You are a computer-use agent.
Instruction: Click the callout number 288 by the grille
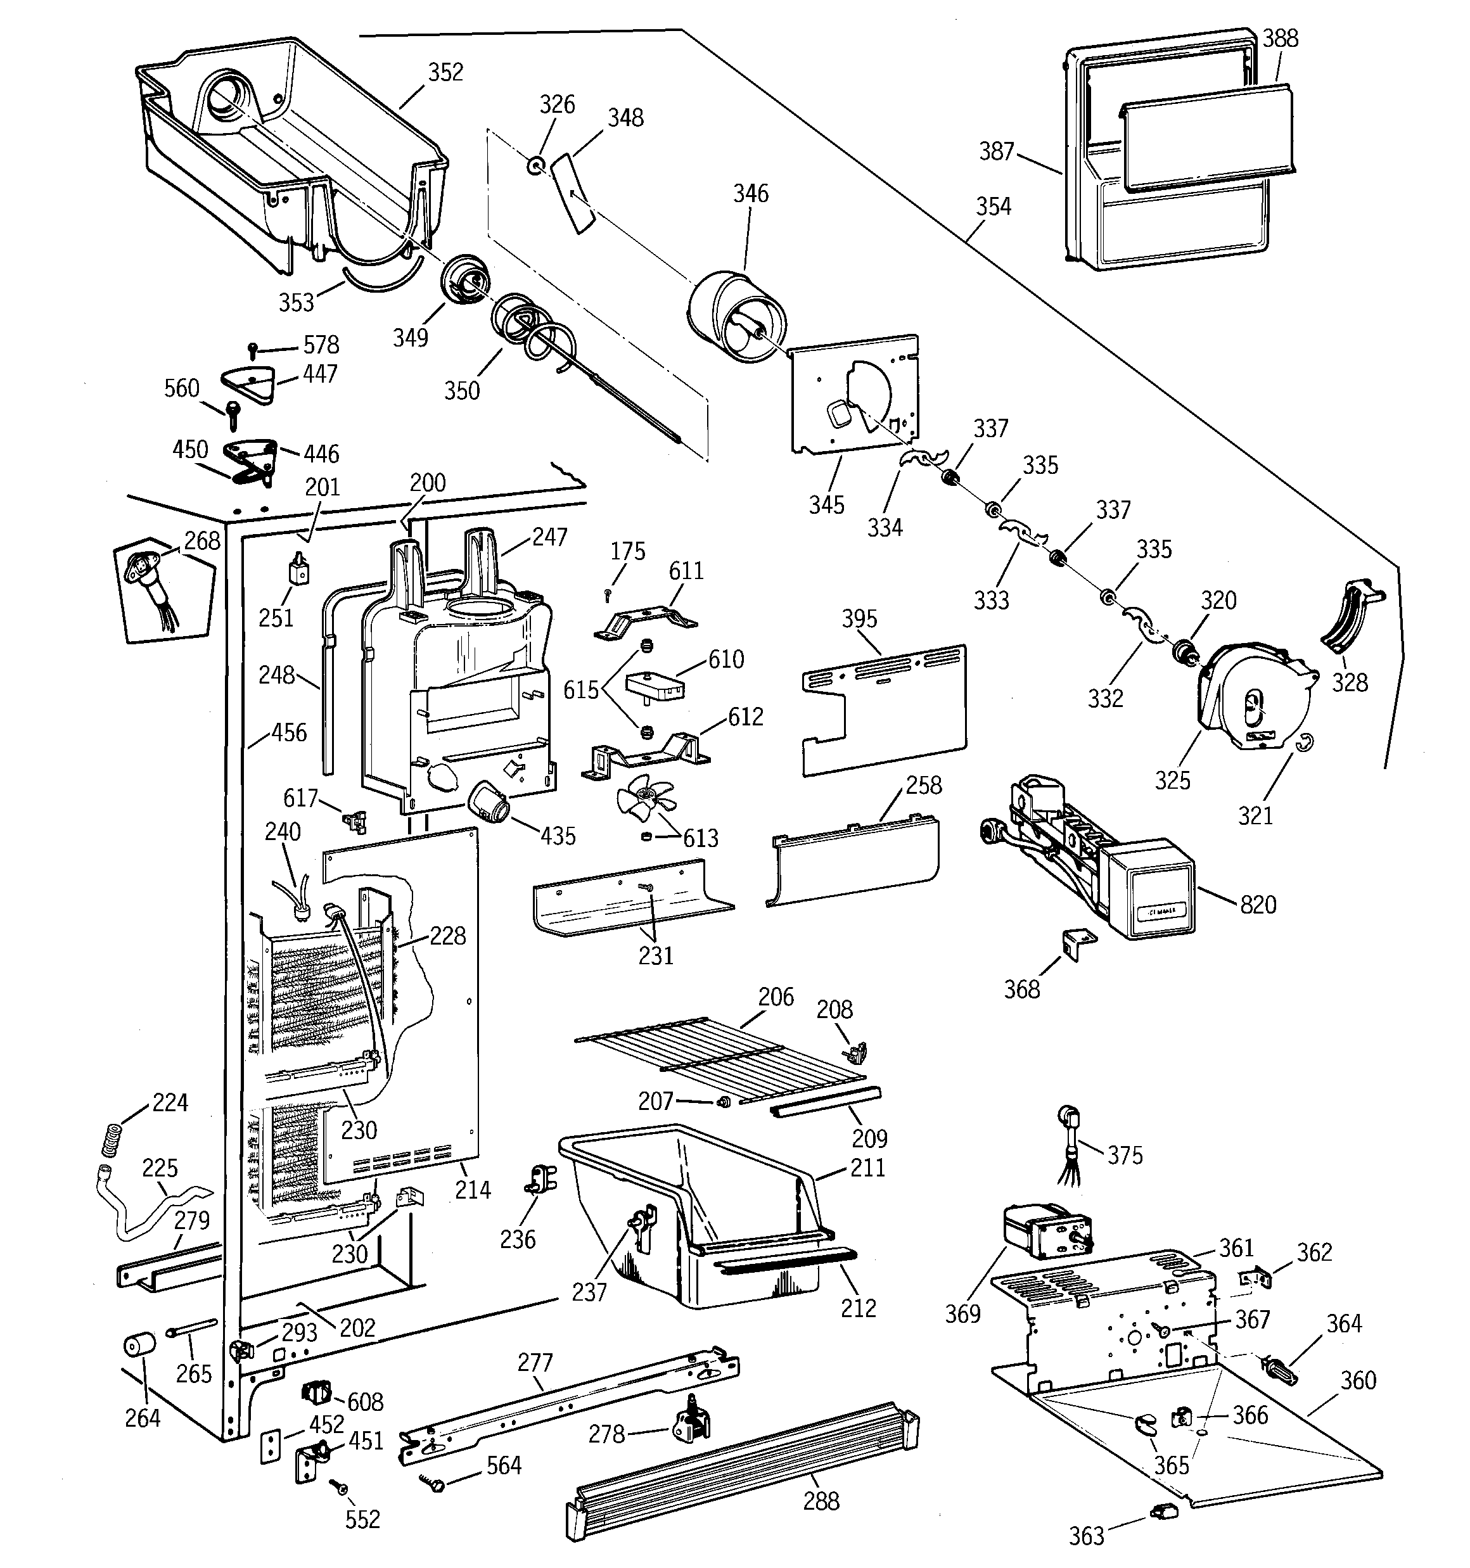coord(821,1501)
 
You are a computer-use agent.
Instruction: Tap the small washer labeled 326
coord(537,165)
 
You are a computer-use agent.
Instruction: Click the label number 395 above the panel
coord(859,618)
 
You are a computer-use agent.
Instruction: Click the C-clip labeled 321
coord(1307,743)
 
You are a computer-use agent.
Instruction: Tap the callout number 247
coord(549,537)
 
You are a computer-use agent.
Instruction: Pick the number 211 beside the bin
coord(867,1168)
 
